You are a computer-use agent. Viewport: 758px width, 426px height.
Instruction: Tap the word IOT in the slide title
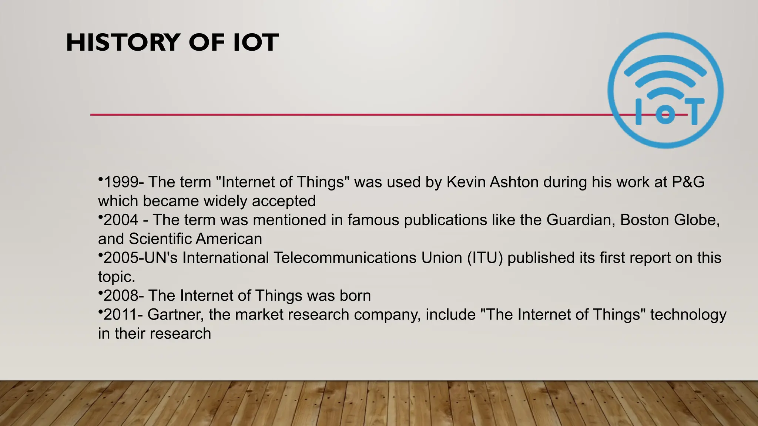[x=256, y=43]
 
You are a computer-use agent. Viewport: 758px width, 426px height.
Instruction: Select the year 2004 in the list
[x=121, y=220]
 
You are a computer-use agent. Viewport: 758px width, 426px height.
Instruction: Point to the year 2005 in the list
[x=121, y=258]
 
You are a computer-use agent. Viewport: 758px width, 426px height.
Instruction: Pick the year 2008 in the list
[x=121, y=296]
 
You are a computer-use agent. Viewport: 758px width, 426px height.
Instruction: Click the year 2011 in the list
[x=120, y=315]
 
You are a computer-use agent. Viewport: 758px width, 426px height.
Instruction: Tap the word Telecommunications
[x=345, y=258]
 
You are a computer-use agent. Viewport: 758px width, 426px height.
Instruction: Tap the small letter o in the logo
[x=665, y=115]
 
